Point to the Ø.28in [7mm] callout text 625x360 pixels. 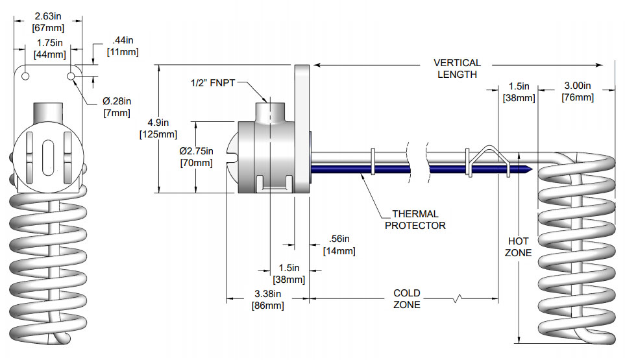(x=117, y=107)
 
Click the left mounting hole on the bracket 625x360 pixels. (x=25, y=77)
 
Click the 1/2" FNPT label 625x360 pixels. (x=212, y=83)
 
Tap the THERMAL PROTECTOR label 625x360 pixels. (x=415, y=219)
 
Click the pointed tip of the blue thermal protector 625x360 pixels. (x=532, y=169)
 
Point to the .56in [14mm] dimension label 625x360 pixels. (x=339, y=245)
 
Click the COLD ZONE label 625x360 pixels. (x=407, y=299)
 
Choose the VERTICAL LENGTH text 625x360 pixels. (x=457, y=69)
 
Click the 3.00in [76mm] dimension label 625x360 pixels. (x=577, y=91)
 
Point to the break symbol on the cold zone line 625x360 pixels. (x=458, y=299)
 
